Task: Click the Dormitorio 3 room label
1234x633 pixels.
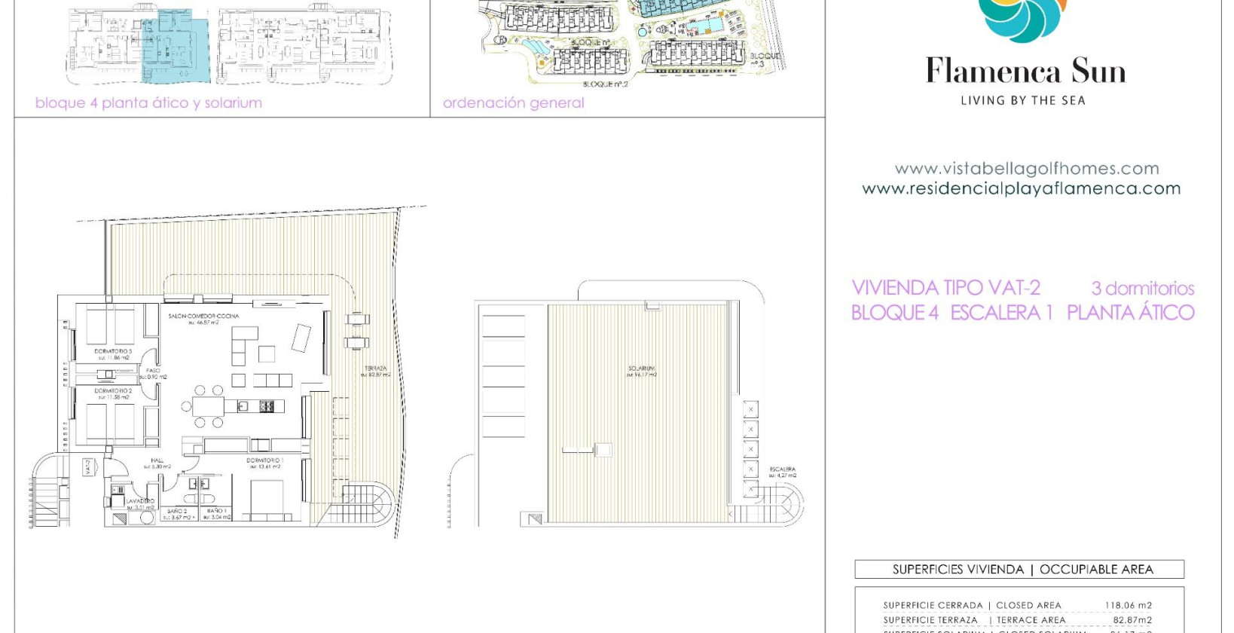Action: (113, 351)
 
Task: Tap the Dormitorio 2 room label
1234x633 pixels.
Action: (113, 391)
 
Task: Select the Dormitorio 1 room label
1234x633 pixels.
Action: (264, 460)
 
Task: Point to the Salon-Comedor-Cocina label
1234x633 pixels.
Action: (203, 316)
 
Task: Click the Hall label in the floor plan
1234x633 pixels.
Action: (157, 460)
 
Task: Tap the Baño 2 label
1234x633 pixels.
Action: (178, 511)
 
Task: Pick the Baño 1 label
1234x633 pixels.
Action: (216, 511)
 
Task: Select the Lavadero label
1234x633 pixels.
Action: (140, 501)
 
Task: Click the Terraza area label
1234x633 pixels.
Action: (375, 368)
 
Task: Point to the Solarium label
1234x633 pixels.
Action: (642, 368)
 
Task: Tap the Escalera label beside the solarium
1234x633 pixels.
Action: (783, 469)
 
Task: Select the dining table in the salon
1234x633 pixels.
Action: (208, 407)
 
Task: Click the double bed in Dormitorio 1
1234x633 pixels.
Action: (267, 498)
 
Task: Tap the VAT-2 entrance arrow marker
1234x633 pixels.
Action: (88, 467)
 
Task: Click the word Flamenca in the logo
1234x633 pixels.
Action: (994, 72)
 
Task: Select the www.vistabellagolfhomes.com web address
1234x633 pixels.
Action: (1026, 169)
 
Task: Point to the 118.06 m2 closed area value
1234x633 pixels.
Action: (1128, 605)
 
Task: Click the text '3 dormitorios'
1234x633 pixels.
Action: (1142, 288)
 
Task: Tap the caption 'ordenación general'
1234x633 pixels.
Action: (513, 103)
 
